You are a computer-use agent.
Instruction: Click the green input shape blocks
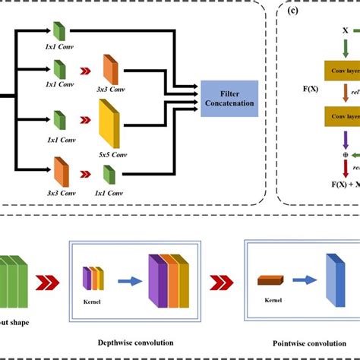pos(14,280)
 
